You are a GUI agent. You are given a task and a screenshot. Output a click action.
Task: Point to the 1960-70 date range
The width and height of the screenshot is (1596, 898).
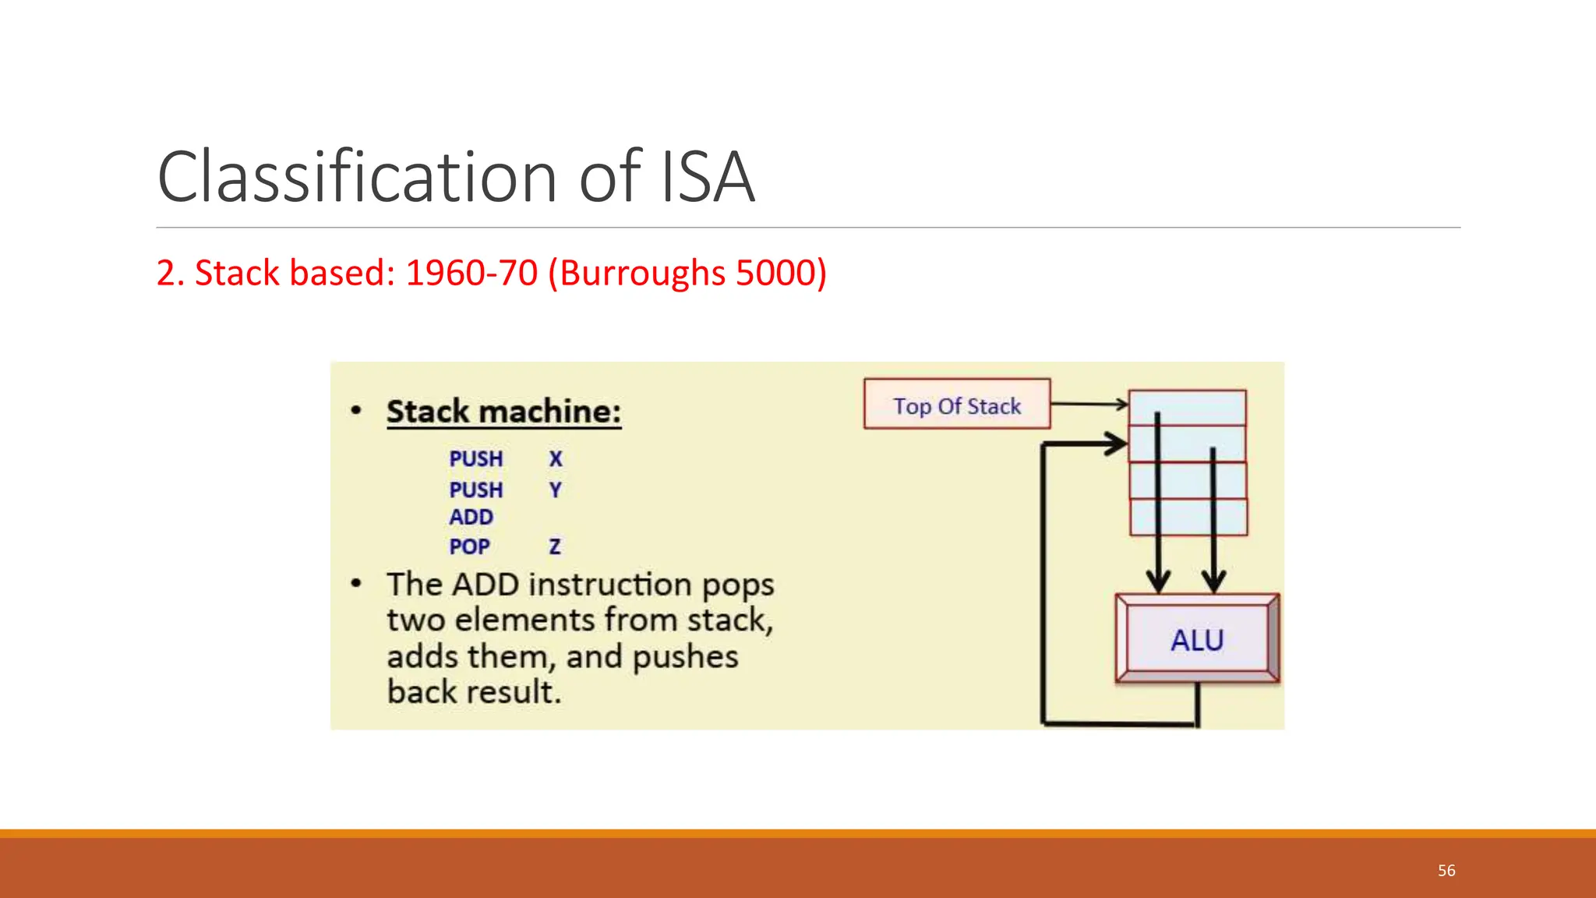click(x=471, y=273)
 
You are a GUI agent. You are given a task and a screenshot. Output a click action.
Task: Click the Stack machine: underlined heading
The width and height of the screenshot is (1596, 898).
click(x=503, y=412)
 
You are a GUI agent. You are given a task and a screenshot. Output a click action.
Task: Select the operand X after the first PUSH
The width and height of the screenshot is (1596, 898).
click(x=555, y=459)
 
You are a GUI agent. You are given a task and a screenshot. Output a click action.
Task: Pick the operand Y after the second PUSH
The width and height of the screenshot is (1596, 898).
click(x=555, y=490)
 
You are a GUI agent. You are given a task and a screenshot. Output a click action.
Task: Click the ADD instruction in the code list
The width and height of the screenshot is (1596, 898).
click(x=471, y=518)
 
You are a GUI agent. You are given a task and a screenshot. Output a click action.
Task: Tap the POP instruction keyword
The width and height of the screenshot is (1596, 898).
click(x=469, y=547)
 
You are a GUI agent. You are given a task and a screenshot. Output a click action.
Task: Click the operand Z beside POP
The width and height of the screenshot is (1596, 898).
click(x=555, y=547)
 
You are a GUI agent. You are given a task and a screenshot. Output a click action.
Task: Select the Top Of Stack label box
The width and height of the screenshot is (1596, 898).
click(x=957, y=405)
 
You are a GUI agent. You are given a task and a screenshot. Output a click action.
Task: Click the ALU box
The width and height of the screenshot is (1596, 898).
click(x=1196, y=640)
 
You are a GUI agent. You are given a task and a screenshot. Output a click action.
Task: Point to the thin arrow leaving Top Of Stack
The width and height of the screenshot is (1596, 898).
click(x=1089, y=404)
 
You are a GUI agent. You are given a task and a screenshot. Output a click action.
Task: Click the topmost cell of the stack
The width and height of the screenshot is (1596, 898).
click(x=1187, y=408)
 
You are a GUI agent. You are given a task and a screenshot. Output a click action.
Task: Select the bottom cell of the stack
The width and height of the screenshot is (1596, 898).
click(x=1188, y=518)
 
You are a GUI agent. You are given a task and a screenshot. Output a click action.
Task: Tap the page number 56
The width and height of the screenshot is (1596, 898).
click(x=1446, y=871)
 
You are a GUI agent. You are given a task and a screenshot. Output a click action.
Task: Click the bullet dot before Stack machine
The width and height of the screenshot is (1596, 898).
click(x=356, y=411)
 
